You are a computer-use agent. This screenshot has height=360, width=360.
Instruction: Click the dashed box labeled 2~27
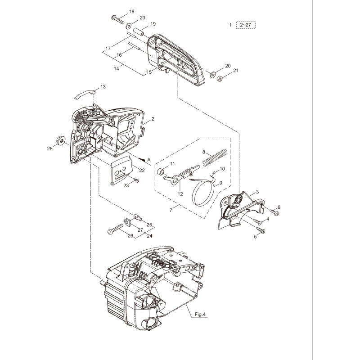(x=246, y=25)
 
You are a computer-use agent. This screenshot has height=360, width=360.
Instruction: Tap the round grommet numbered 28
(x=60, y=138)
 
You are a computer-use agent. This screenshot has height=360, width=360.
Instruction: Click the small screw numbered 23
(x=135, y=180)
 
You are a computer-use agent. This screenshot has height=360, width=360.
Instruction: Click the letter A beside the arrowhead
(x=149, y=159)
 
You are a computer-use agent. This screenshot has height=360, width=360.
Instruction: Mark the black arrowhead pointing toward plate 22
(x=142, y=159)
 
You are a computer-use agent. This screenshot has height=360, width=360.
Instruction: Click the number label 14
(x=117, y=68)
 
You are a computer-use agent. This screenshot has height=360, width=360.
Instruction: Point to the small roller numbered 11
(x=160, y=171)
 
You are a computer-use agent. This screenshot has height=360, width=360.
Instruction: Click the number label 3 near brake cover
(x=257, y=192)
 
